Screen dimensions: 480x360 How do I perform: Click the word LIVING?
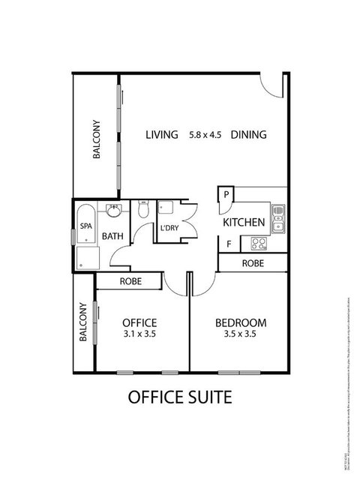click(x=161, y=135)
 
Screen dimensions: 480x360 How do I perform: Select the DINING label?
click(x=249, y=135)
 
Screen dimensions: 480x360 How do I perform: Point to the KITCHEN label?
click(x=243, y=223)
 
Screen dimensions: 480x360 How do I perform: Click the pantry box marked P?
click(x=226, y=195)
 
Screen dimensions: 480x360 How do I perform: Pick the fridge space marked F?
click(x=228, y=244)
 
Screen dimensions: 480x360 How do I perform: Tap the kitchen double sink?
click(x=277, y=217)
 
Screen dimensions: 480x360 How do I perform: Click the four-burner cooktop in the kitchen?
click(x=259, y=244)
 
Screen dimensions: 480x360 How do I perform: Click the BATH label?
click(x=112, y=236)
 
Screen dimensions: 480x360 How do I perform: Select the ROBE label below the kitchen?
click(x=252, y=263)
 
